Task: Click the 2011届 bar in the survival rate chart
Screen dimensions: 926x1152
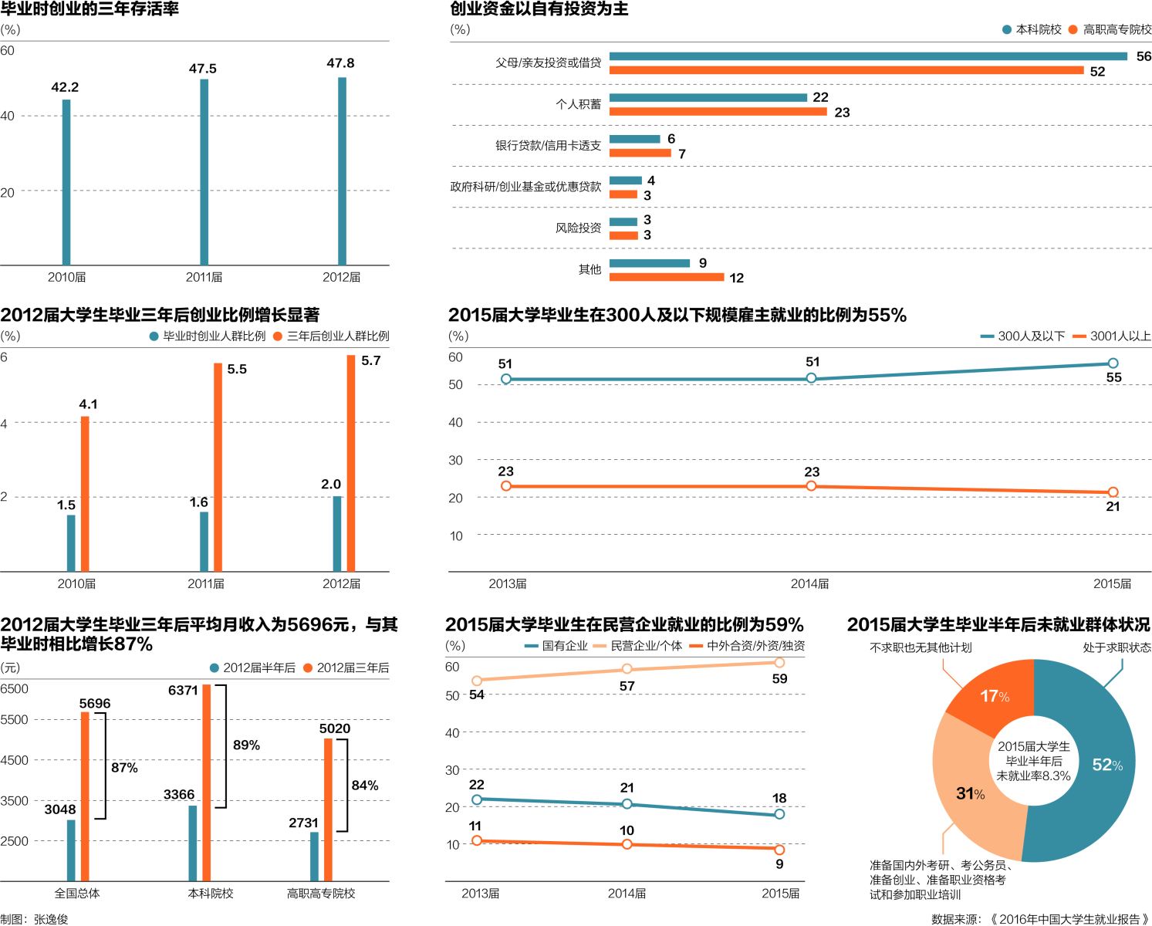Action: pyautogui.click(x=204, y=171)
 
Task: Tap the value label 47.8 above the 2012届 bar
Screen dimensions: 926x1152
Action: pyautogui.click(x=340, y=63)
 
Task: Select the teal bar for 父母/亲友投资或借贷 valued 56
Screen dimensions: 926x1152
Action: pyautogui.click(x=868, y=56)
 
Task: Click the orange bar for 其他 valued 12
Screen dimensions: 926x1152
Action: pyautogui.click(x=666, y=277)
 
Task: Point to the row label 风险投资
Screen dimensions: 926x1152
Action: pyautogui.click(x=578, y=228)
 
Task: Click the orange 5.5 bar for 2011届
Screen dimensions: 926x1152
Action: pyautogui.click(x=218, y=467)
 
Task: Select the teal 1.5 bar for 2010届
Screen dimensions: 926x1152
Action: pyautogui.click(x=71, y=542)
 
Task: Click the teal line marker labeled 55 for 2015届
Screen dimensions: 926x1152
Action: pyautogui.click(x=1113, y=363)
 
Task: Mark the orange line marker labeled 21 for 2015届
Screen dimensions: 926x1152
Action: pyautogui.click(x=1113, y=492)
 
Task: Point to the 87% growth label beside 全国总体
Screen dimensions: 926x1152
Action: pyautogui.click(x=124, y=768)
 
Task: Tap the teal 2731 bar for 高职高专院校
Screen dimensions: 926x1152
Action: pyautogui.click(x=314, y=856)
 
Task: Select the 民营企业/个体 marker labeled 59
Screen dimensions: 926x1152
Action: pyautogui.click(x=779, y=663)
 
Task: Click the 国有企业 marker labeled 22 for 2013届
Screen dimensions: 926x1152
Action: pyautogui.click(x=477, y=799)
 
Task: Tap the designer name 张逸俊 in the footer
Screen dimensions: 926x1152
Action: pyautogui.click(x=51, y=919)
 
